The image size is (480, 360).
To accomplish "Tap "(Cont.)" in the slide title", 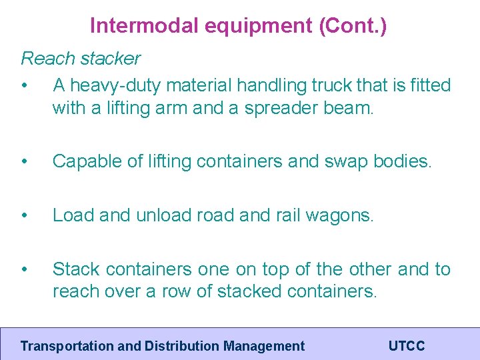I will click(x=353, y=26).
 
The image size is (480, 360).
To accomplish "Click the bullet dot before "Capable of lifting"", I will click(x=25, y=161).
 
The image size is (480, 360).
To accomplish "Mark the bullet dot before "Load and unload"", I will click(x=25, y=215).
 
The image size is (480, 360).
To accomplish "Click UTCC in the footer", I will click(x=406, y=346).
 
